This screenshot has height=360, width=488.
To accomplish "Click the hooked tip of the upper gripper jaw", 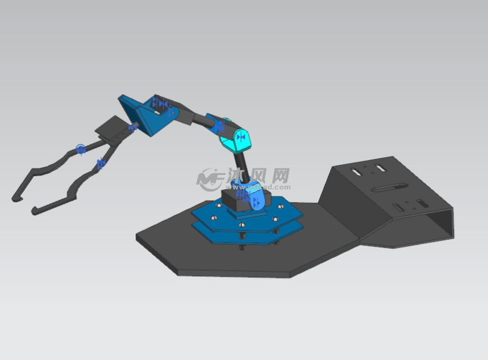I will (x=15, y=197).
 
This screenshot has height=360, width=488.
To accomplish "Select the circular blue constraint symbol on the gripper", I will (x=81, y=149).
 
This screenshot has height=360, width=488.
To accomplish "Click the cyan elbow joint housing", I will (x=237, y=139).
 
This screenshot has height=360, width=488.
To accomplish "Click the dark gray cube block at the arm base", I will (x=233, y=200).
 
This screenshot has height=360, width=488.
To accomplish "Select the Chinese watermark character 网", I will (x=280, y=176).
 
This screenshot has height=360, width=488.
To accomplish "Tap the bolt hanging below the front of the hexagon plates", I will (x=242, y=246).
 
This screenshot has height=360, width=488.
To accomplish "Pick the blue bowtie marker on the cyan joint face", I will (x=240, y=137).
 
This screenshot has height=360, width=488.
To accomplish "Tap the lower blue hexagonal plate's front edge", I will (x=238, y=240).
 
